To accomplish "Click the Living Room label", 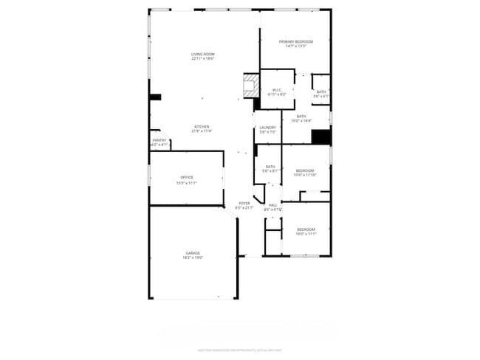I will [203, 54].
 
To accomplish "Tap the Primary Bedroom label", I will [295, 42].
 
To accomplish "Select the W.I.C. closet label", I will [277, 90].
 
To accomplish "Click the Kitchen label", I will [202, 126].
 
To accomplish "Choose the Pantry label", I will [160, 140].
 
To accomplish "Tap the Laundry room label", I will [267, 128].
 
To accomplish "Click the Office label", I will [187, 177].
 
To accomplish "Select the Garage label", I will [193, 253].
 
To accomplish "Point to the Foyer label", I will [244, 204].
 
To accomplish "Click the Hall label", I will [273, 204].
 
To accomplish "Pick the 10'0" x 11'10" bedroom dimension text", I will [305, 175].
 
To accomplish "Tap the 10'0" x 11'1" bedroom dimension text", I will [306, 234].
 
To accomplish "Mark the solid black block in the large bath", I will [320, 137].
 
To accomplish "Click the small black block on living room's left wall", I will [155, 97].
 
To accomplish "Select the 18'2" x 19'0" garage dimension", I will [193, 257].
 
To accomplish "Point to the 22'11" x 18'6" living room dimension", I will [203, 58].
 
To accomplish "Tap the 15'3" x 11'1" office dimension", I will [187, 182].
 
